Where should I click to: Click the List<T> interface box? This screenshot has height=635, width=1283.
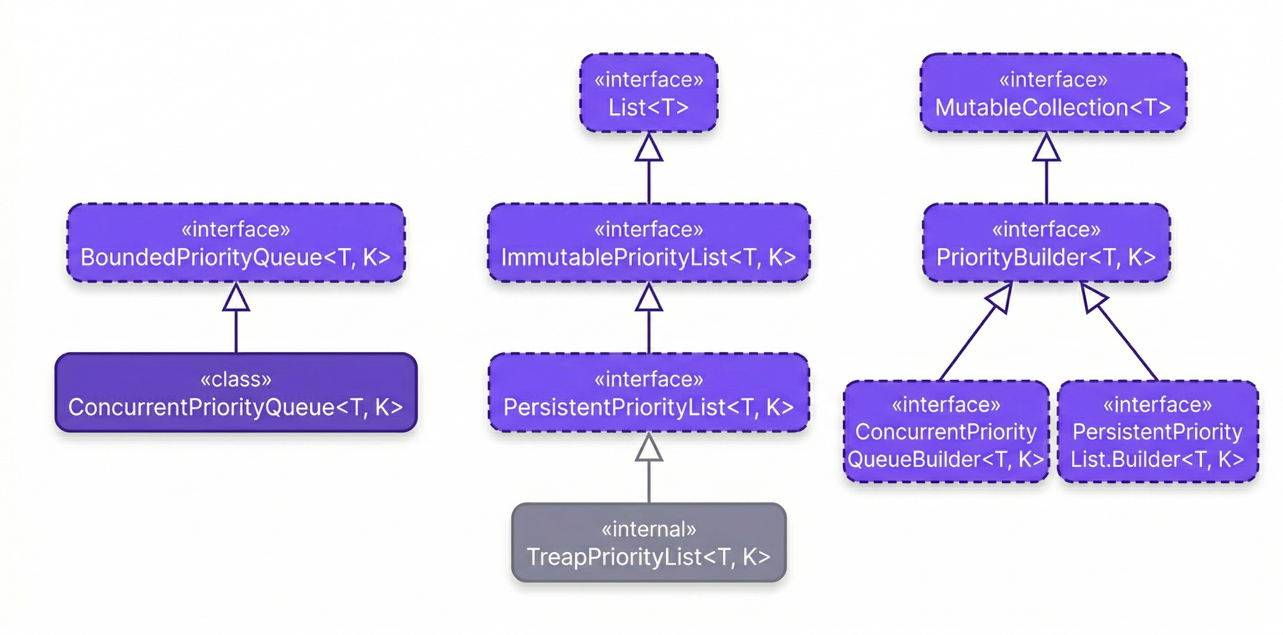point(649,93)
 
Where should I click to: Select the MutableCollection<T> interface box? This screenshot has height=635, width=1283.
point(1053,93)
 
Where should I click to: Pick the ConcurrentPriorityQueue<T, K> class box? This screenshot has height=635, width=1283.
point(236,393)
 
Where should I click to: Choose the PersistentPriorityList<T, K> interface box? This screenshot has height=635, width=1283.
point(649,393)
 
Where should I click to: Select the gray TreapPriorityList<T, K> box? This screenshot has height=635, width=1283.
point(649,543)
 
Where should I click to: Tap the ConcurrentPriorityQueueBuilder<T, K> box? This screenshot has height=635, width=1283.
point(946,432)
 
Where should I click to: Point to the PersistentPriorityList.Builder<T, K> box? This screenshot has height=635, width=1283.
point(1157,432)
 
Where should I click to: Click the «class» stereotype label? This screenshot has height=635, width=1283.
point(236,379)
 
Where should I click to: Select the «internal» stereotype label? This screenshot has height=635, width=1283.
point(649,529)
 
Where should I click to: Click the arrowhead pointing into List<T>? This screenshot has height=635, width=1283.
point(649,149)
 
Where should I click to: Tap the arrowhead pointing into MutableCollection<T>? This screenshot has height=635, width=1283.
point(1046,149)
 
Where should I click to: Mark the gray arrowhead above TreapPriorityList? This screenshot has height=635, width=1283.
point(649,448)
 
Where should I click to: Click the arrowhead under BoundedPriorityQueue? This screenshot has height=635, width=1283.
point(236,299)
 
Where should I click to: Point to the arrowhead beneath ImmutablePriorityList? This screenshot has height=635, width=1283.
point(649,299)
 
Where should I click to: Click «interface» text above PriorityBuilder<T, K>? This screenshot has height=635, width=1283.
point(1046,229)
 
